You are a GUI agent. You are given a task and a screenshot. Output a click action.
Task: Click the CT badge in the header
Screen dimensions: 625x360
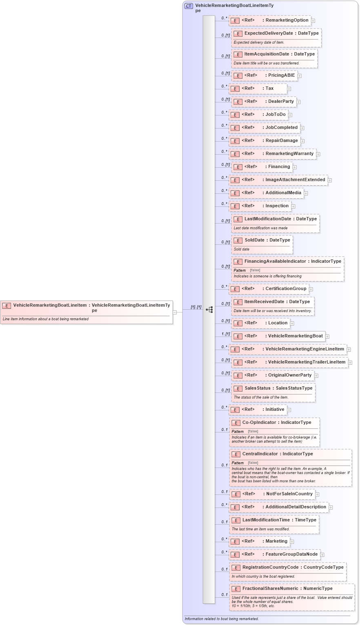[x=189, y=6]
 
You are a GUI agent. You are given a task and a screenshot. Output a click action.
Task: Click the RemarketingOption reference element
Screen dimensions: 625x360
[x=270, y=20]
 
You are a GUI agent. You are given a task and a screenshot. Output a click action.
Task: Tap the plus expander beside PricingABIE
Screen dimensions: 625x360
[x=300, y=75]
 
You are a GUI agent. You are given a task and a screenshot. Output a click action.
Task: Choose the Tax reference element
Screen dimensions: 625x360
[x=258, y=89]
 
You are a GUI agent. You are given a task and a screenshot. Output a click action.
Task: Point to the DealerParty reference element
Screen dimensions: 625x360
[x=264, y=102]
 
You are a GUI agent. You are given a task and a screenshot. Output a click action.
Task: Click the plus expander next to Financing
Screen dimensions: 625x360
[x=295, y=167]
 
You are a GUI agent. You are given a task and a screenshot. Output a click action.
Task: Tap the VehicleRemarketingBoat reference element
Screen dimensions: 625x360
[x=278, y=336]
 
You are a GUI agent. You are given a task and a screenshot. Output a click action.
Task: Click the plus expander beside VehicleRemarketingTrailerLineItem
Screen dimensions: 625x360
[x=350, y=362]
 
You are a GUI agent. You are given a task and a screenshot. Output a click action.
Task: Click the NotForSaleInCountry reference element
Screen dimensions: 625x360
[x=272, y=494]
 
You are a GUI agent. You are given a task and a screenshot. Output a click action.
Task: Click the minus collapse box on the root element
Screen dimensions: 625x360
[x=175, y=312]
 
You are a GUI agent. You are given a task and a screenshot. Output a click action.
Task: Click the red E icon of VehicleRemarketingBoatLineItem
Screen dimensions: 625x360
[x=7, y=306]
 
